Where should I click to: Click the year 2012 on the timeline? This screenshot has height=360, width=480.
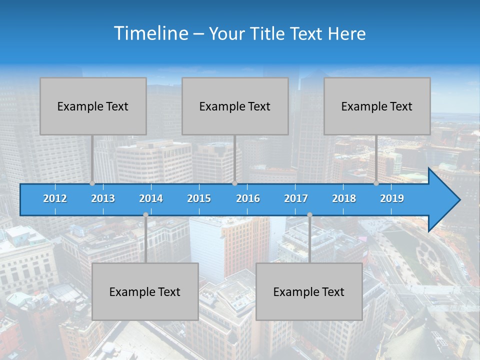(x=55, y=198)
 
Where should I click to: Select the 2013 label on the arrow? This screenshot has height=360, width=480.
(x=103, y=198)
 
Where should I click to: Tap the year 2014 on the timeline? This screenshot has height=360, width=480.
(x=151, y=198)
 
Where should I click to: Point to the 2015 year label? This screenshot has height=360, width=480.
(x=199, y=198)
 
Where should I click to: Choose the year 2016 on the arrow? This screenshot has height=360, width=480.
(x=248, y=198)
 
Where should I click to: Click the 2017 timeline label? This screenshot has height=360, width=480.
(x=296, y=198)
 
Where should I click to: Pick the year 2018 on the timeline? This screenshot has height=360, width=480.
(x=344, y=198)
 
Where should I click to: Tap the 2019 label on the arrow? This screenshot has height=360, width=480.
(x=392, y=198)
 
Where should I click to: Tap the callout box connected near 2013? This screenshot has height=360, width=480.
(x=93, y=106)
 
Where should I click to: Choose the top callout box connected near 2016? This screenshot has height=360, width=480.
(x=235, y=106)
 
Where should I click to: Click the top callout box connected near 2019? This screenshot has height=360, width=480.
(x=377, y=106)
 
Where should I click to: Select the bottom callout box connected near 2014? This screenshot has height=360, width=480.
(x=145, y=291)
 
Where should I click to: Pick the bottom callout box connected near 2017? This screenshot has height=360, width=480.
(x=309, y=291)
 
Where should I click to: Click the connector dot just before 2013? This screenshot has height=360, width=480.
(x=92, y=183)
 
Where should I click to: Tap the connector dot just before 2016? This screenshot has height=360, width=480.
(x=234, y=183)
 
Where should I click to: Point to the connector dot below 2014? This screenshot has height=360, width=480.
(x=145, y=214)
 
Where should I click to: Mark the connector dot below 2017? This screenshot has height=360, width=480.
(x=309, y=214)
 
